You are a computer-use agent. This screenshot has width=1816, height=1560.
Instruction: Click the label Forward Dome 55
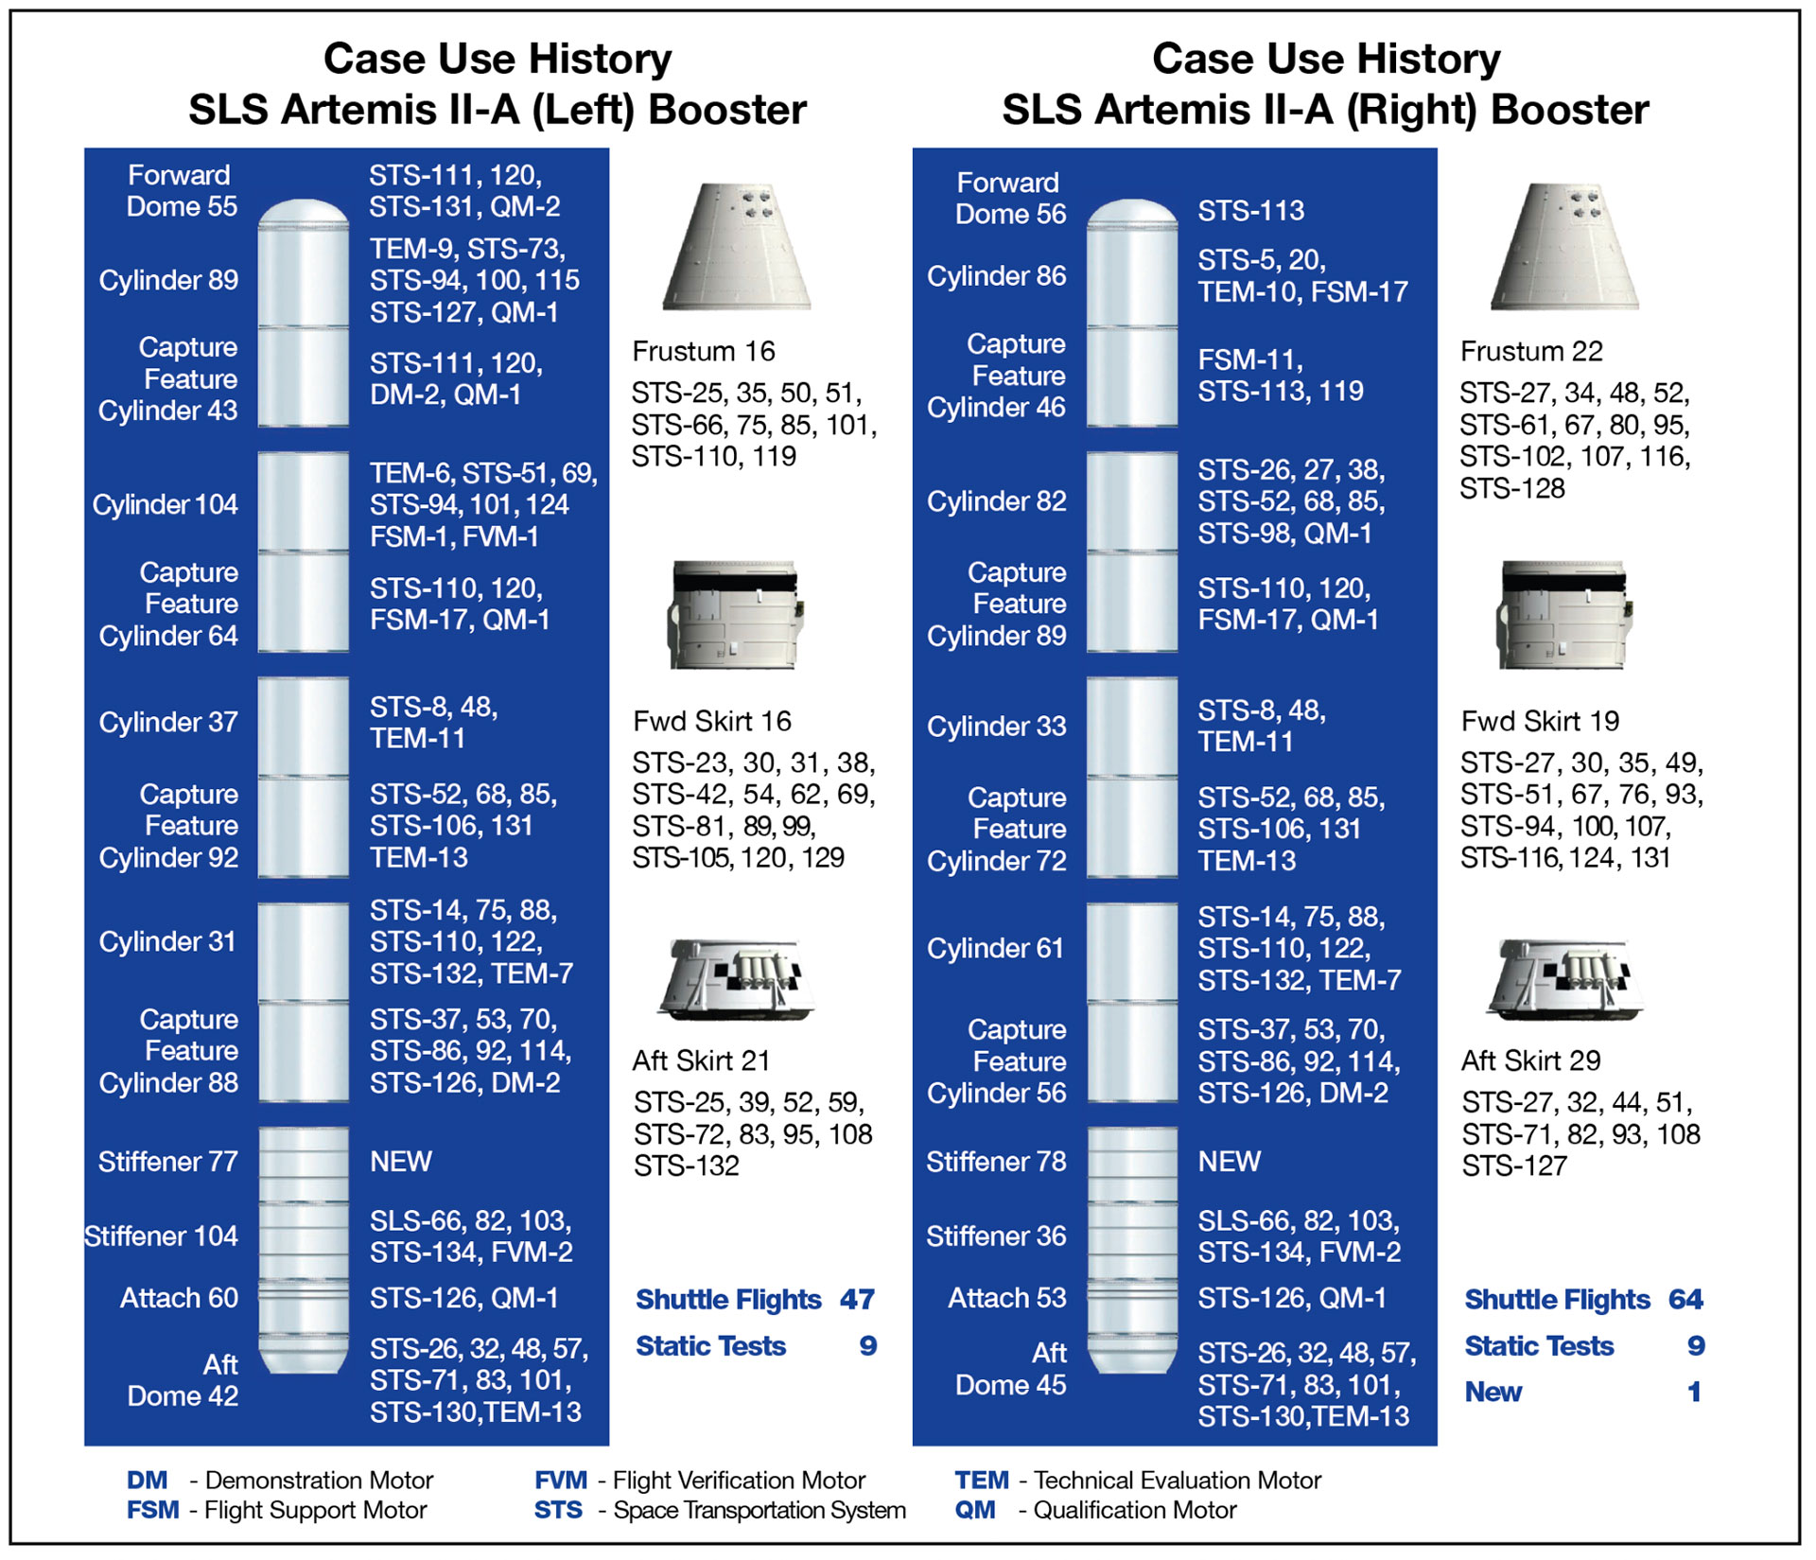pos(182,191)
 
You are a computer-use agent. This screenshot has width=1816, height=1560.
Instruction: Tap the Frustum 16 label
pos(704,352)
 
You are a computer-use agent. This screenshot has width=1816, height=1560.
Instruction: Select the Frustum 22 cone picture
pos(1564,247)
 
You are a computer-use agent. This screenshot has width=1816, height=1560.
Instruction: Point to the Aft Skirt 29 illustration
pos(1564,980)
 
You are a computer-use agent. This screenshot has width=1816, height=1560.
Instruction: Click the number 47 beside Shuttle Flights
pos(857,1300)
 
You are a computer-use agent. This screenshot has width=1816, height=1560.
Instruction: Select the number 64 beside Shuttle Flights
pos(1685,1300)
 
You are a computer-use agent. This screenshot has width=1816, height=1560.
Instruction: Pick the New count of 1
pos(1694,1392)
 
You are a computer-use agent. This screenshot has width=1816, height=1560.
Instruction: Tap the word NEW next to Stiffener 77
pos(401,1162)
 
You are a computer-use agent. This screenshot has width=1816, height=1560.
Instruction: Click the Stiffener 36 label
pos(996,1236)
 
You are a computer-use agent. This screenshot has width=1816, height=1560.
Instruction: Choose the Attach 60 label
pos(179,1298)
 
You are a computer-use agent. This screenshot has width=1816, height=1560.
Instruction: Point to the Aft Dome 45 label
pos(1010,1369)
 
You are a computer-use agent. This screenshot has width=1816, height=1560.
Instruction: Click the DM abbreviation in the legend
pos(147,1481)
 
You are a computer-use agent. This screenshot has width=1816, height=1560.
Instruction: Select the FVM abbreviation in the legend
pos(561,1481)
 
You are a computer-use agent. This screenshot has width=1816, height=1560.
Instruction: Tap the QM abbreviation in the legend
pos(975,1511)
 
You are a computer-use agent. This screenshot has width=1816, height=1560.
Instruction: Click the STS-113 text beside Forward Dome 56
pos(1251,211)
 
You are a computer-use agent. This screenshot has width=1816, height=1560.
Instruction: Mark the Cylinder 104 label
pos(165,505)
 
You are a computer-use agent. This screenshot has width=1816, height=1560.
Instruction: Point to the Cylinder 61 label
pos(995,949)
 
